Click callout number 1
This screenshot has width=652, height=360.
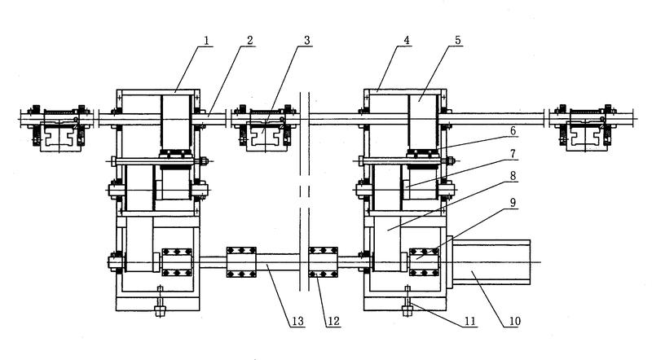click(206, 41)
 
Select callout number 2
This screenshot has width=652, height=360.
click(249, 41)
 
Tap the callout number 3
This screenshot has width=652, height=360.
click(307, 41)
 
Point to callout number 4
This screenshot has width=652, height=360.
click(406, 41)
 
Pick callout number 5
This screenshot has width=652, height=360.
click(457, 41)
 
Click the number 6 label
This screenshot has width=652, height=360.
click(513, 131)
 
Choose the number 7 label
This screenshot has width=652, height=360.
click(513, 154)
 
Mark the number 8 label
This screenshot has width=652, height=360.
click(513, 176)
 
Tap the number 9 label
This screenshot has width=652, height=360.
click(513, 203)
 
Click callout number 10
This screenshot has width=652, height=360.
click(514, 321)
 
